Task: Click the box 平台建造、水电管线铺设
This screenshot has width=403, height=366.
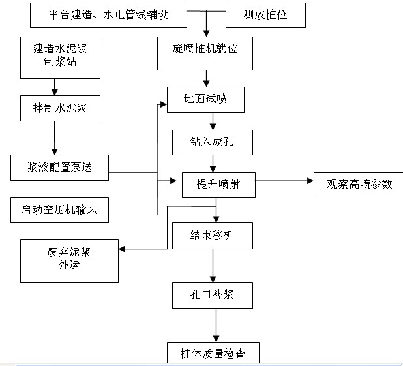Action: click(x=108, y=14)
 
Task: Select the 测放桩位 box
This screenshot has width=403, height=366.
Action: click(x=265, y=14)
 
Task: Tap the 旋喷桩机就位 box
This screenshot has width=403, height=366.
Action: click(x=205, y=53)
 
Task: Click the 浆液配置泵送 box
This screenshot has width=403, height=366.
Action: click(x=59, y=168)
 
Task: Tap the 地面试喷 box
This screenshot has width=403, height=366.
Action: click(x=205, y=100)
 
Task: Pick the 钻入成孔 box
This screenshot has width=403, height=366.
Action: click(x=212, y=142)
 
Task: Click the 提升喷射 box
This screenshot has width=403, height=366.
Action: click(x=218, y=185)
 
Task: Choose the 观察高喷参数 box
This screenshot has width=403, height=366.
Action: click(x=360, y=185)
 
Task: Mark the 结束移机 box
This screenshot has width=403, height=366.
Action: click(x=213, y=236)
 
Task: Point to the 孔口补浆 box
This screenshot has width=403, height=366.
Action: click(x=213, y=296)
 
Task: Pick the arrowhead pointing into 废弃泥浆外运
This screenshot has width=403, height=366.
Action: click(x=123, y=249)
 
